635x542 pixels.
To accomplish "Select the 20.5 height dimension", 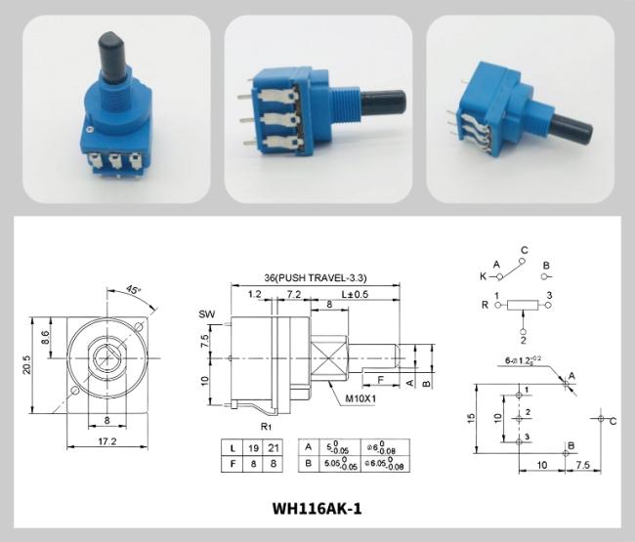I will coord(26,363).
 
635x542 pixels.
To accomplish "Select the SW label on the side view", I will coord(206,313).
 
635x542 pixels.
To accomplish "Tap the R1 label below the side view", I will coord(265,427).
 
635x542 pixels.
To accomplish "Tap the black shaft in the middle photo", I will coord(388,101).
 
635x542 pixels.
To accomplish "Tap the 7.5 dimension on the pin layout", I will coord(583,463).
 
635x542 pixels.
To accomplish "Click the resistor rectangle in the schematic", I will coord(524,306).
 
